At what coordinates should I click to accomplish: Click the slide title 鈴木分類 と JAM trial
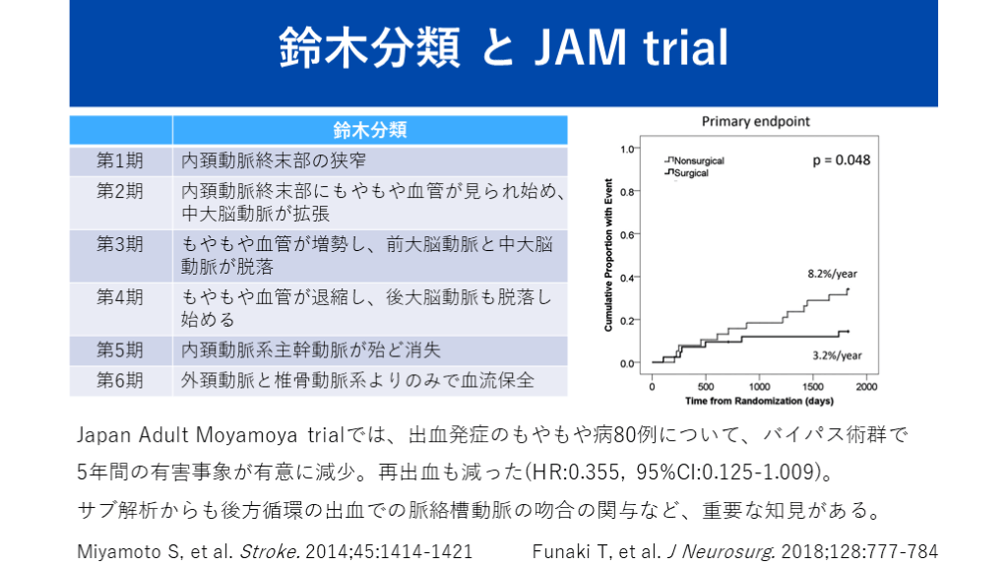tap(503, 47)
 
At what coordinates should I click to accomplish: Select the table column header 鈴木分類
tap(370, 131)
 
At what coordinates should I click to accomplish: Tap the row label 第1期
tap(119, 160)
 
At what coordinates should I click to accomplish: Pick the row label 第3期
tap(119, 244)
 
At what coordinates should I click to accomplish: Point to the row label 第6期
tap(119, 381)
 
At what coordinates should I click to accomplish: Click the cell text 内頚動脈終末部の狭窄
tap(274, 160)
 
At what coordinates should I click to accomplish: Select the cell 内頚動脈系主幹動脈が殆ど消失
tap(310, 350)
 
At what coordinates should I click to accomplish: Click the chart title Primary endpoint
tap(755, 121)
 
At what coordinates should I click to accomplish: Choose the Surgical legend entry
tap(686, 173)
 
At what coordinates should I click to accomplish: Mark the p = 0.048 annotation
tap(842, 160)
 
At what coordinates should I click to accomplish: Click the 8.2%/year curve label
tap(833, 274)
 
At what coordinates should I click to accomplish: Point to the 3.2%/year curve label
tap(837, 355)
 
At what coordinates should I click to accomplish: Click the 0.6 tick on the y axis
tap(627, 234)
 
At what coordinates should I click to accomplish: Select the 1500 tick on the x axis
tap(812, 386)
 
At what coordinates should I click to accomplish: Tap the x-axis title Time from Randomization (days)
tap(759, 401)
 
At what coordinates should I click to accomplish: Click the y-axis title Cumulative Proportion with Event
tap(608, 255)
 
